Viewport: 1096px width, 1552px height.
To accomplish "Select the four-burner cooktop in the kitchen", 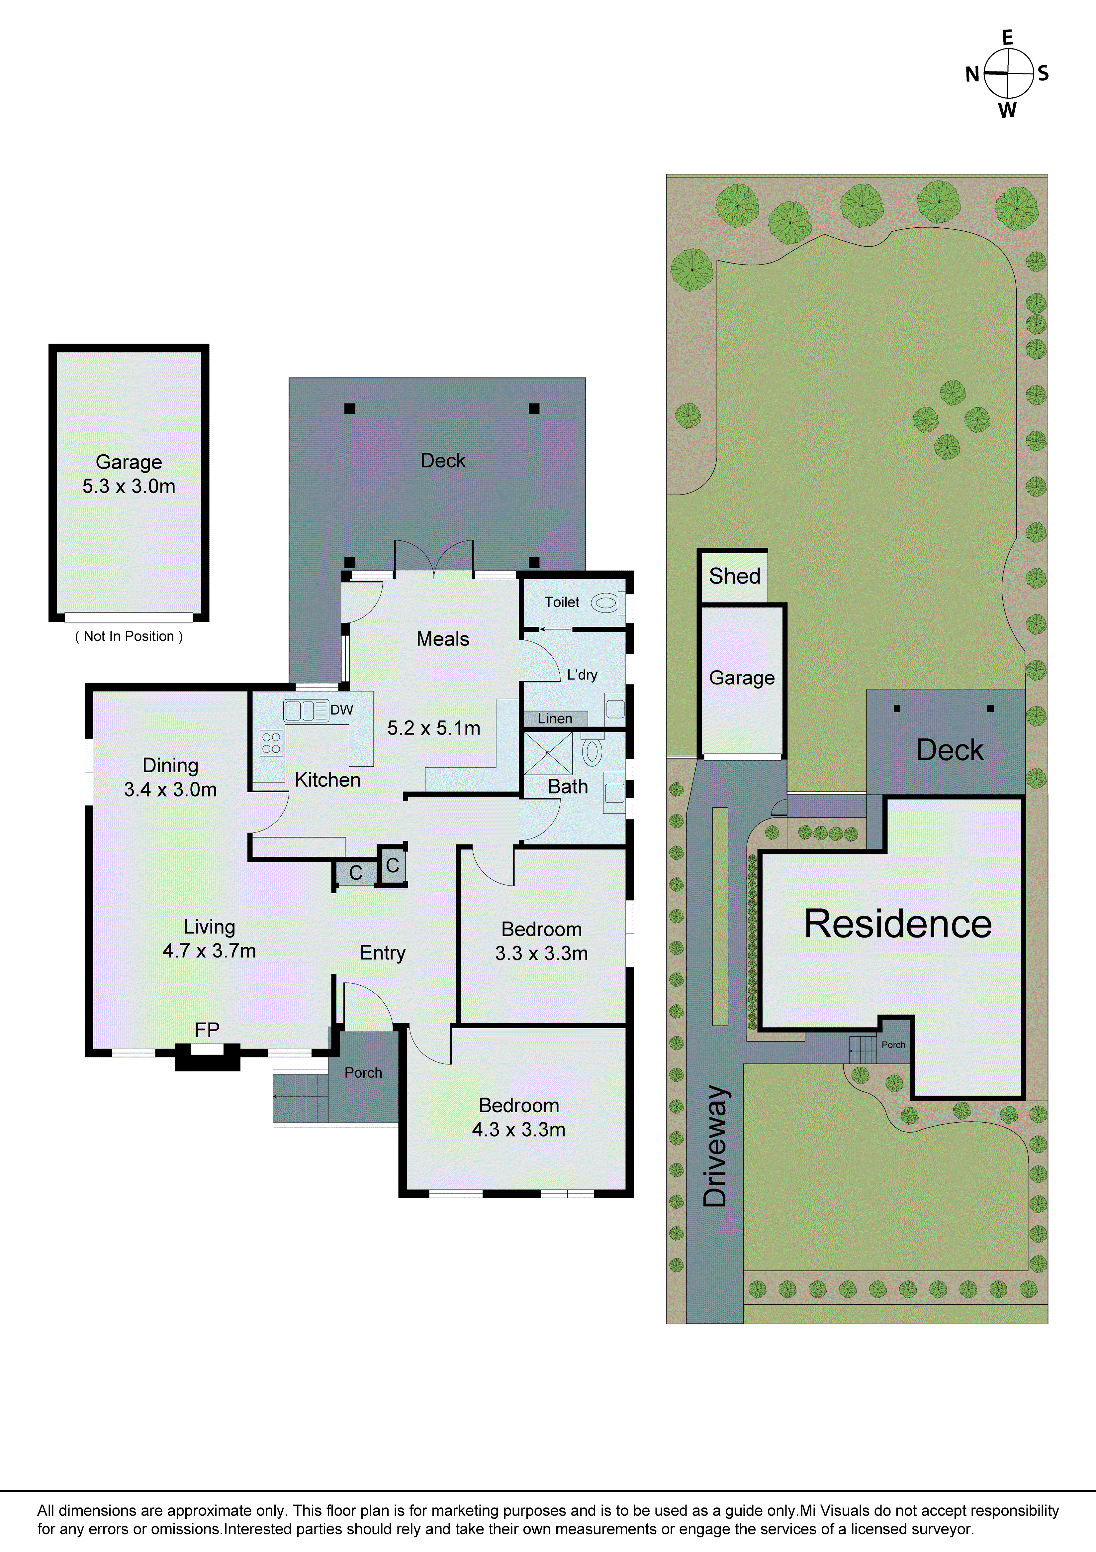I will tap(271, 743).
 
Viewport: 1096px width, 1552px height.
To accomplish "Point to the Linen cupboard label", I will tap(555, 719).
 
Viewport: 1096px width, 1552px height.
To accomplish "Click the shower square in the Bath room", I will tap(548, 753).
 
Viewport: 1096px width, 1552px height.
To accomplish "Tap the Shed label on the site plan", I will tap(735, 576).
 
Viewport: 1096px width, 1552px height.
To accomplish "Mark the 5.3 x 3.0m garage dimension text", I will tap(129, 486).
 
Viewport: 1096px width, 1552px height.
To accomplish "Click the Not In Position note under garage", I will tap(129, 636).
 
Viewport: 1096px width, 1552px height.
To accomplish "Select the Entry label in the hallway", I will tap(383, 952).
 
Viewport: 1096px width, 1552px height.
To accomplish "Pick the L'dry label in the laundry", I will tap(582, 675).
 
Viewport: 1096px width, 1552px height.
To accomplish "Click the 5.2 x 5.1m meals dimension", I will tap(434, 728).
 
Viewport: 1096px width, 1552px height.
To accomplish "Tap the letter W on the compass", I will tap(1007, 110).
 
